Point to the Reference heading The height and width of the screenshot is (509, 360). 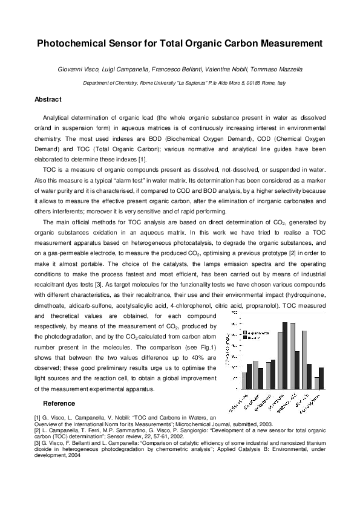[59, 403]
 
